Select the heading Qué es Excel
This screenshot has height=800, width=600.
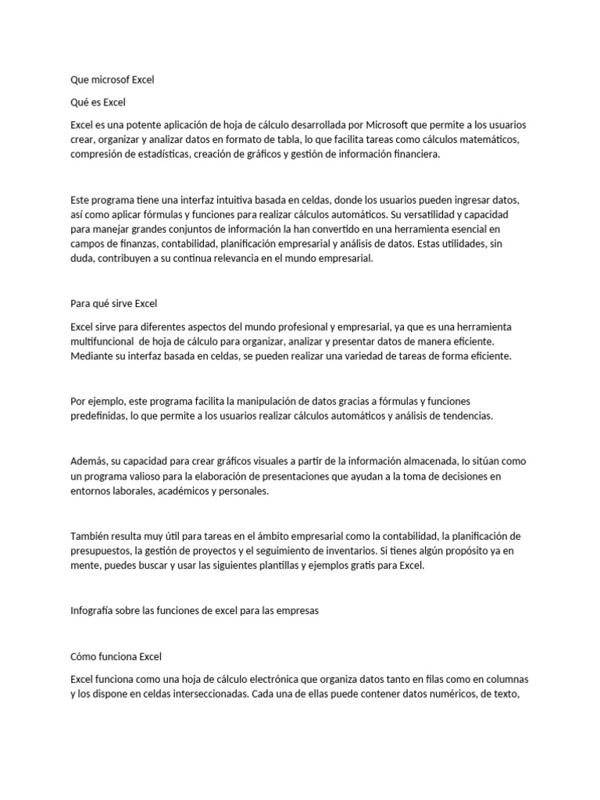pyautogui.click(x=98, y=102)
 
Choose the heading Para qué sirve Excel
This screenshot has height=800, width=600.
pyautogui.click(x=114, y=303)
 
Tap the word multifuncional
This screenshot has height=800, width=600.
pyautogui.click(x=106, y=341)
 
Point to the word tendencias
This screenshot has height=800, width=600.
pyautogui.click(x=466, y=416)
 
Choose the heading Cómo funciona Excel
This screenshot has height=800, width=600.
pyautogui.click(x=116, y=656)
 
